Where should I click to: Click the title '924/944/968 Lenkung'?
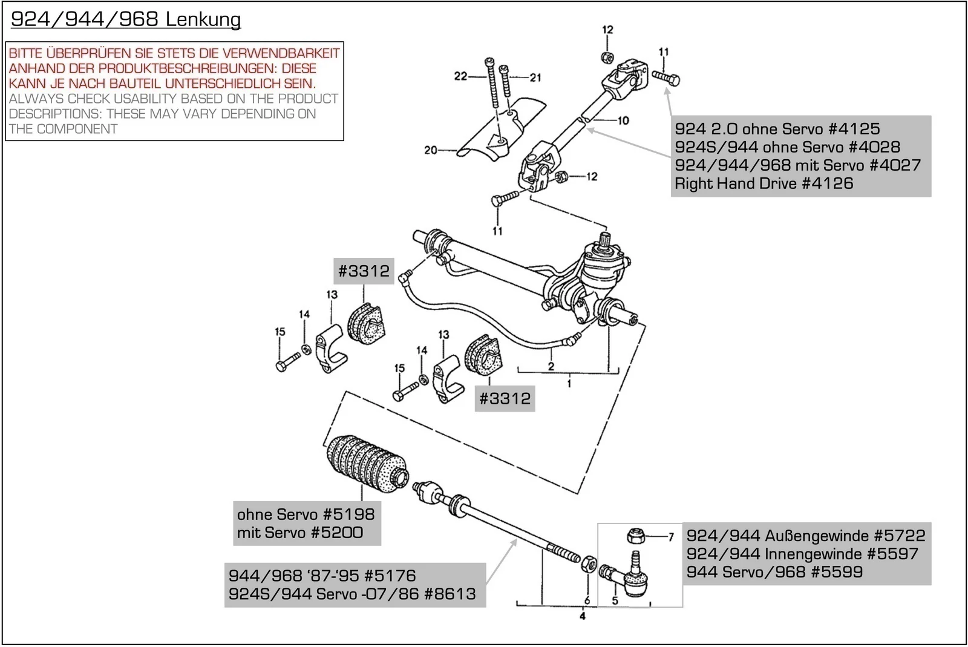pyautogui.click(x=126, y=19)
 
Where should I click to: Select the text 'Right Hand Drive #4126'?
pyautogui.click(x=764, y=183)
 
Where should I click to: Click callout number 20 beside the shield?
pyautogui.click(x=430, y=149)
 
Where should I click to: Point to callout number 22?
pyautogui.click(x=460, y=76)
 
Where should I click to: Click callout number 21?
pyautogui.click(x=535, y=77)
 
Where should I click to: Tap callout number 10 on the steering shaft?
pyautogui.click(x=623, y=120)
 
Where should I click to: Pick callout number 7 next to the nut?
pyautogui.click(x=670, y=536)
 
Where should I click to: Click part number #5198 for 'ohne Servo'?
pyautogui.click(x=348, y=514)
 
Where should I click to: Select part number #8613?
pyautogui.click(x=450, y=594)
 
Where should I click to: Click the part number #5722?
pyautogui.click(x=900, y=536)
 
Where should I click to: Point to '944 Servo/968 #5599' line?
pyautogui.click(x=774, y=572)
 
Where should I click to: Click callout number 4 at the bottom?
pyautogui.click(x=582, y=616)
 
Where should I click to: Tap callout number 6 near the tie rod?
pyautogui.click(x=586, y=600)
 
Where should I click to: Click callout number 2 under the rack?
pyautogui.click(x=551, y=366)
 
